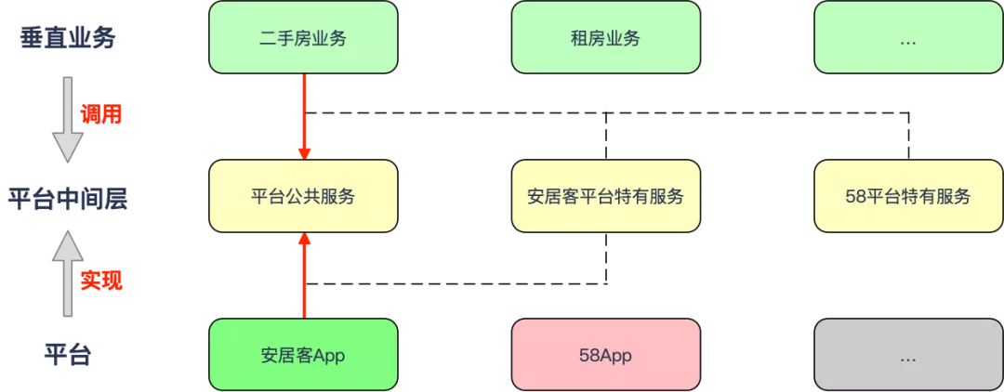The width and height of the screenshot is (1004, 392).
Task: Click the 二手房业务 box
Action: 303,38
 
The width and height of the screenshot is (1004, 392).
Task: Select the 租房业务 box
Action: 605,38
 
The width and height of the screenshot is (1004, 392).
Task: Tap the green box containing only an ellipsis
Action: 908,38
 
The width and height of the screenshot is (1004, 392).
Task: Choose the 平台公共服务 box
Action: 303,197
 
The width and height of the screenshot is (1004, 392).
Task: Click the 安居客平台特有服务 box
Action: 605,197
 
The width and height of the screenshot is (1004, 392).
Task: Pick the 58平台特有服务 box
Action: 908,197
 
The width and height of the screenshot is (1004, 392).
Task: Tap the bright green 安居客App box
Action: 303,355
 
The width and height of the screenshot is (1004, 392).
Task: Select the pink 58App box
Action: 605,355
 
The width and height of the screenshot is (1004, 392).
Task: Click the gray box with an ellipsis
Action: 908,355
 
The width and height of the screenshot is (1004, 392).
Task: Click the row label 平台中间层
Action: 67,198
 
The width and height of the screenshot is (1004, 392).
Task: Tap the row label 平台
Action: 67,355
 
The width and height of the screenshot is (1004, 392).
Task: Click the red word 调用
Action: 101,114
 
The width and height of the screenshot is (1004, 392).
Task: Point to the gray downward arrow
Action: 67,119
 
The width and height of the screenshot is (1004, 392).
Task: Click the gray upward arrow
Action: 67,274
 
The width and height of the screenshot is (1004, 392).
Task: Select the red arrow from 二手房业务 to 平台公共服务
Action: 303,116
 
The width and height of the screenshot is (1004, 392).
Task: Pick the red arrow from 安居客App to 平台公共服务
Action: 303,276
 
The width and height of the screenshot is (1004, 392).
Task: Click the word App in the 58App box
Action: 618,355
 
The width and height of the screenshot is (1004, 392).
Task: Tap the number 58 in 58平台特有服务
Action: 855,197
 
